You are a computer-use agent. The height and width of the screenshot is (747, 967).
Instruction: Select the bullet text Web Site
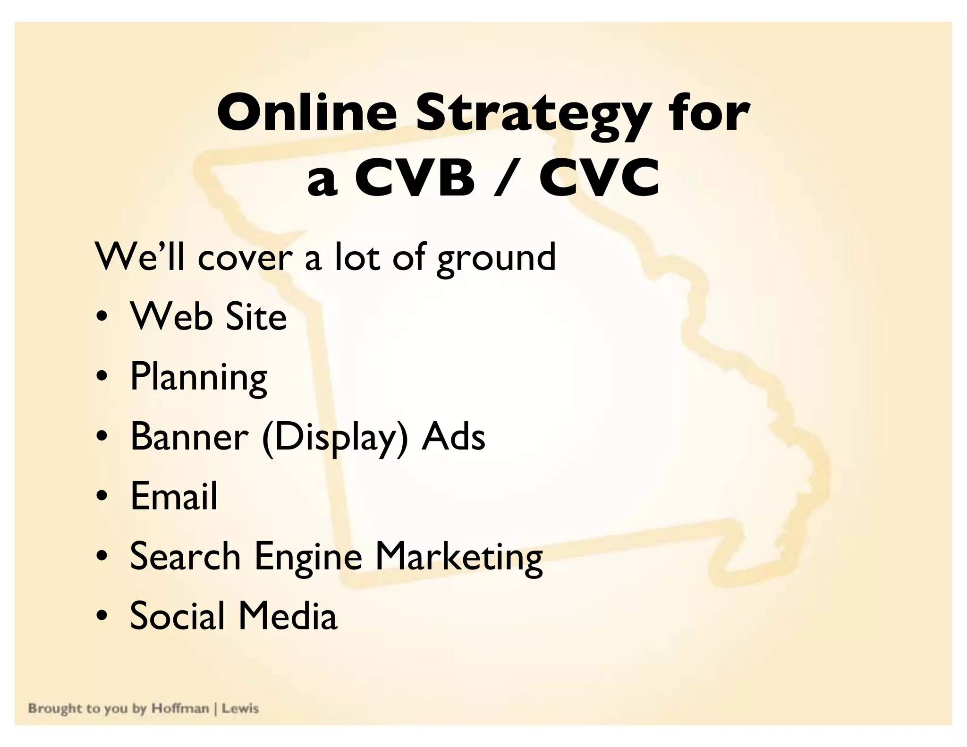(208, 316)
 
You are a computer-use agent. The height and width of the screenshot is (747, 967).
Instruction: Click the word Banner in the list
(189, 436)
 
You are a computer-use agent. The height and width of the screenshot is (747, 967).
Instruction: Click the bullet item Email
(174, 496)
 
